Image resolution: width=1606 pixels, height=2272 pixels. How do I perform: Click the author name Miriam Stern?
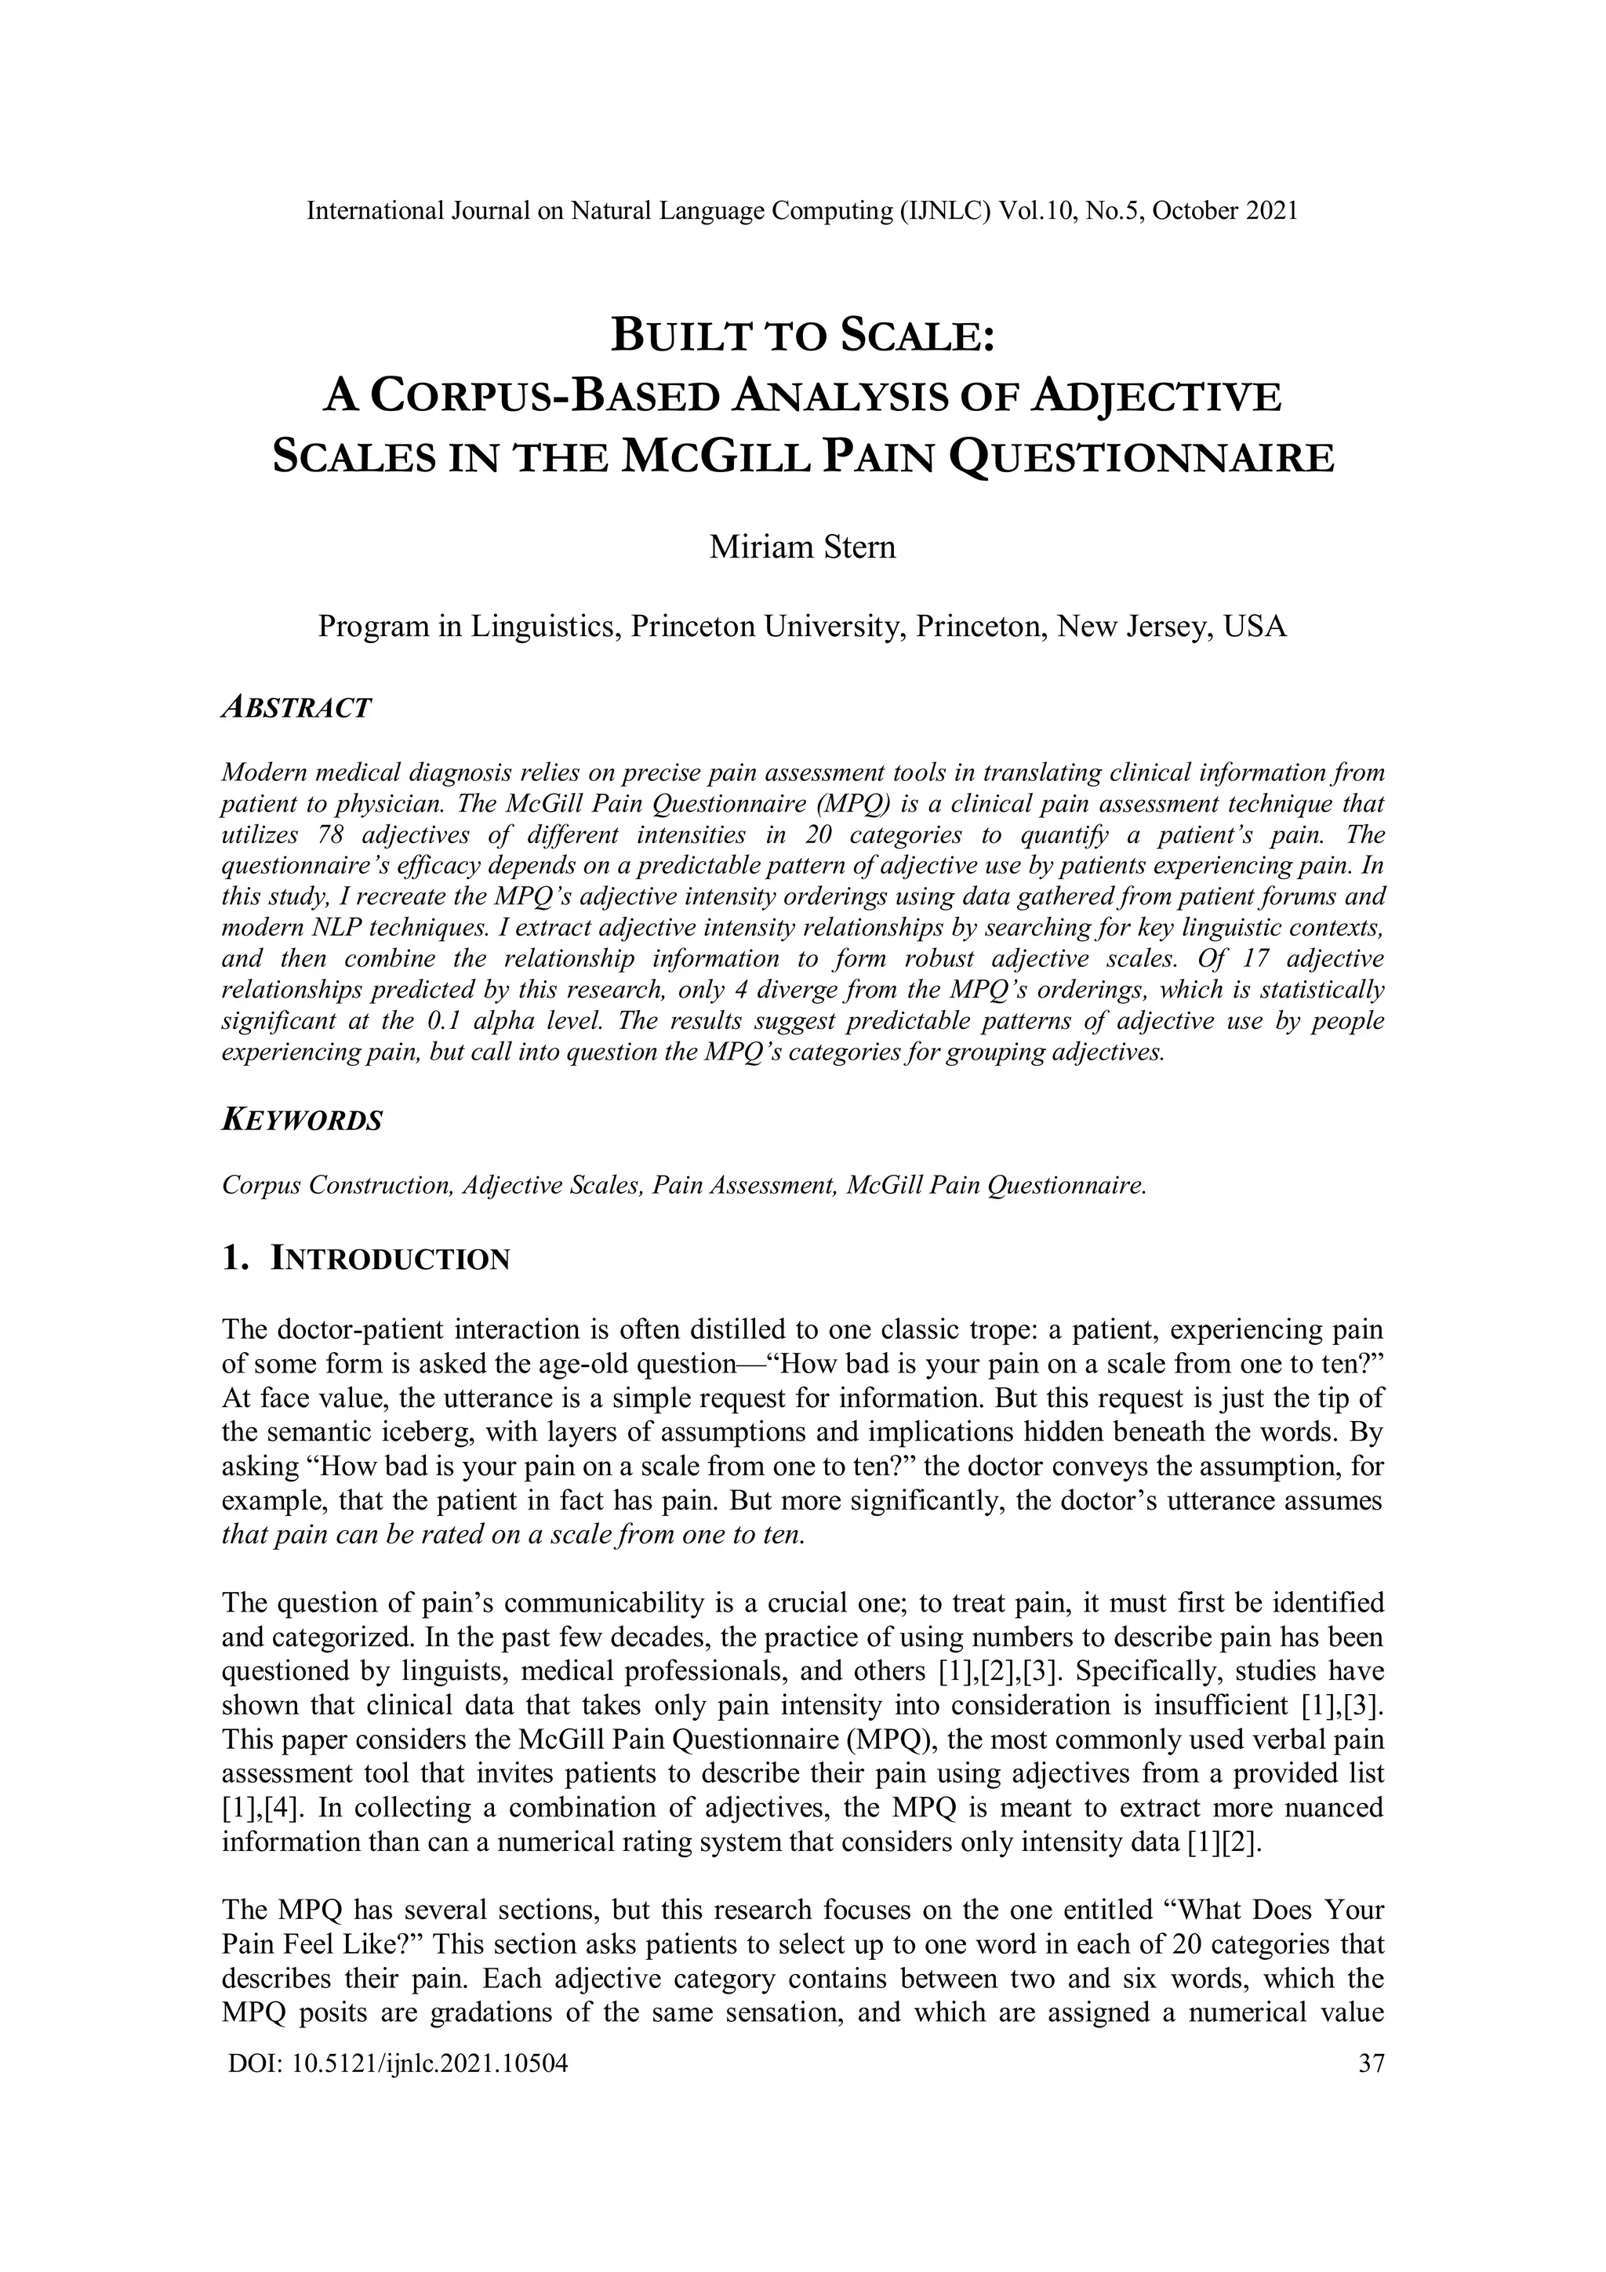point(801,546)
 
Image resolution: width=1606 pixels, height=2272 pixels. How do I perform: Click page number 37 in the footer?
point(1372,2063)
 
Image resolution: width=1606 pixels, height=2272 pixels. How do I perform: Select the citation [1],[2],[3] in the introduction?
point(998,1671)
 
